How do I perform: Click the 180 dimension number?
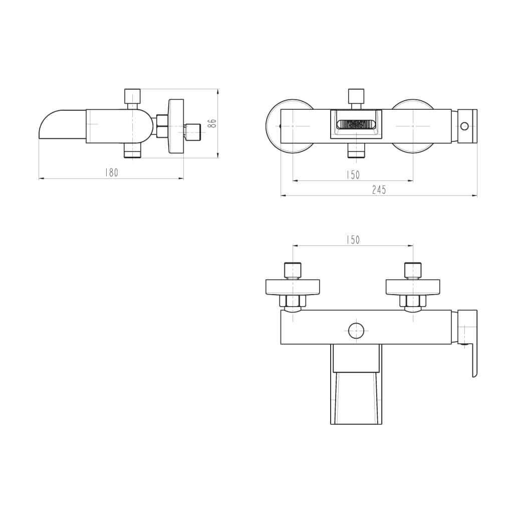pos(111,172)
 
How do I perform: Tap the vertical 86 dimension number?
pos(212,123)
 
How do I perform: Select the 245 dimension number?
pos(379,190)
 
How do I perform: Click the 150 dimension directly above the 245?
pos(353,175)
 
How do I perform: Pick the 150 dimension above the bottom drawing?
pos(353,240)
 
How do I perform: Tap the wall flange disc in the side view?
pos(176,126)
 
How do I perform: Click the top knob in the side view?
pos(132,95)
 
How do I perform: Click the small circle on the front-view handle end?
pos(465,126)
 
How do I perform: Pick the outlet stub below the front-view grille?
pos(356,151)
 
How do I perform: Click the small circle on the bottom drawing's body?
pos(356,331)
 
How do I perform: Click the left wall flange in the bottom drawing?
pos(293,287)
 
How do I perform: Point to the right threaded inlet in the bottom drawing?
pos(413,270)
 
